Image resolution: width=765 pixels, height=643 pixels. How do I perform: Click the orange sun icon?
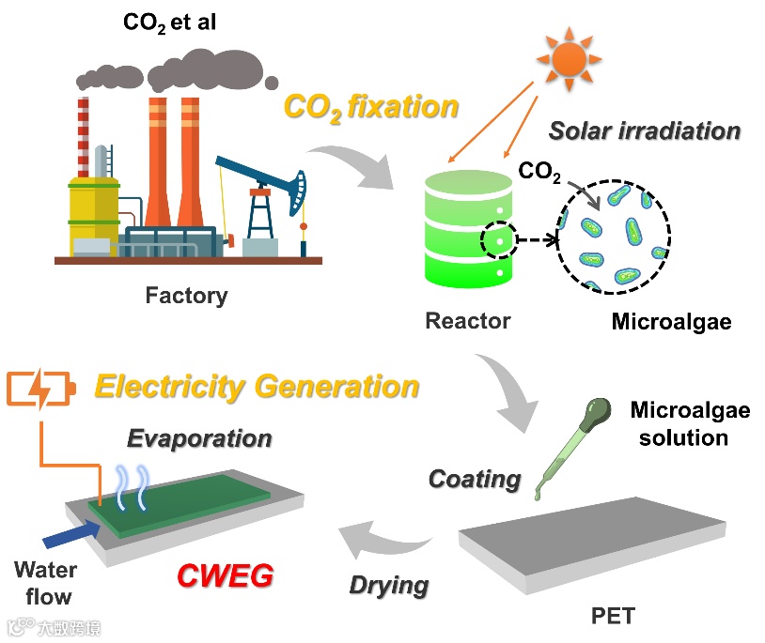click(570, 57)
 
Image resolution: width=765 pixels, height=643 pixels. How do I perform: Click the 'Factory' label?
click(186, 297)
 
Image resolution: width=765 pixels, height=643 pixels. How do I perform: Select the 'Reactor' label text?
click(468, 321)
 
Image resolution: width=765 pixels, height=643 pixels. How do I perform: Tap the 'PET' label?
click(613, 617)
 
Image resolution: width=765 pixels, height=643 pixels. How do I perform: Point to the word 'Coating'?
click(475, 480)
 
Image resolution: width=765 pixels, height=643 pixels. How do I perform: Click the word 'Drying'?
click(389, 586)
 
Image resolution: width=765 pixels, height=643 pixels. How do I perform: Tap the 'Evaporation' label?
click(199, 438)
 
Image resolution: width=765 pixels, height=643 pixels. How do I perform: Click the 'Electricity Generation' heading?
click(257, 387)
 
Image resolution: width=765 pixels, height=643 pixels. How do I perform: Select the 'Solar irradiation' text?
click(644, 130)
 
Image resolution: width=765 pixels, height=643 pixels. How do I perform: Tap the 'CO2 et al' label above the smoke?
click(169, 22)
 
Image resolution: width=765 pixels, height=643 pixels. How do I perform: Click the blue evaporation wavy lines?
click(128, 487)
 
